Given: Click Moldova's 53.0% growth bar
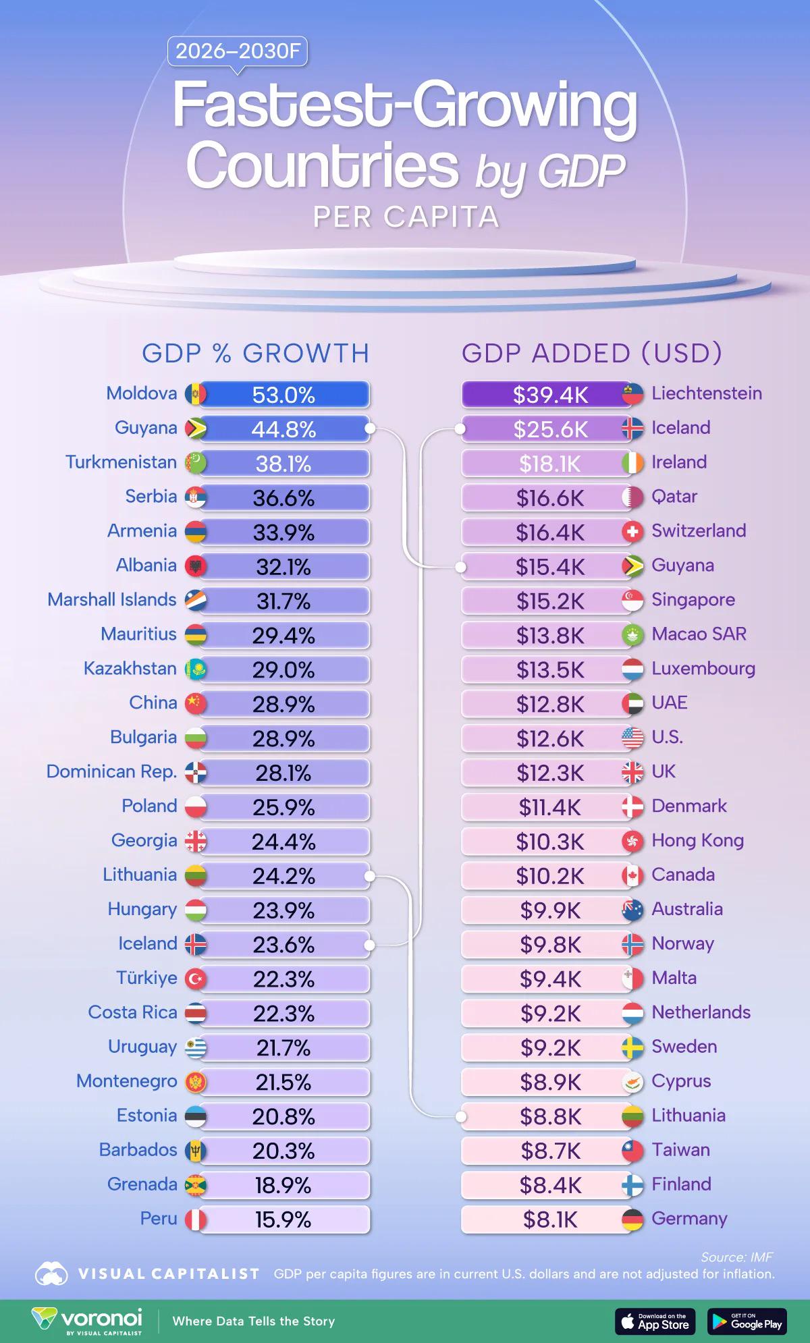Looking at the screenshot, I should click(x=283, y=395).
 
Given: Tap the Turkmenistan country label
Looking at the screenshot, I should click(x=121, y=462).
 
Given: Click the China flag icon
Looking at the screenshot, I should click(x=196, y=703).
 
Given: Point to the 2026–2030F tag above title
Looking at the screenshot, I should click(x=238, y=51).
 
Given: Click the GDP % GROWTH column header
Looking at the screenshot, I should click(x=255, y=353).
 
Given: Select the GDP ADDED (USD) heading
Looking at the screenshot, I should click(x=591, y=353).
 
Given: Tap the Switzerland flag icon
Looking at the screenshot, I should click(x=632, y=532).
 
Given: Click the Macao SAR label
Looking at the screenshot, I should click(x=699, y=634).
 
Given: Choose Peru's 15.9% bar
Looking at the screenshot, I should click(x=283, y=1219).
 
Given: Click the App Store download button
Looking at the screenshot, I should click(x=655, y=1321).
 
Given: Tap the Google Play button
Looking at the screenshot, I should click(x=747, y=1321).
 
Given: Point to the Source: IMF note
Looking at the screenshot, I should click(x=736, y=1257).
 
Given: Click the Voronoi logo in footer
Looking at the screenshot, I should click(x=88, y=1321).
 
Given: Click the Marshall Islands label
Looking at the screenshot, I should click(x=111, y=600).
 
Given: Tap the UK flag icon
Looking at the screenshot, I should click(x=632, y=772).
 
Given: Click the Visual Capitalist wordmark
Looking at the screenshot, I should click(x=169, y=1273).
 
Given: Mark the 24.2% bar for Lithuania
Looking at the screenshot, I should click(x=283, y=876).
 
